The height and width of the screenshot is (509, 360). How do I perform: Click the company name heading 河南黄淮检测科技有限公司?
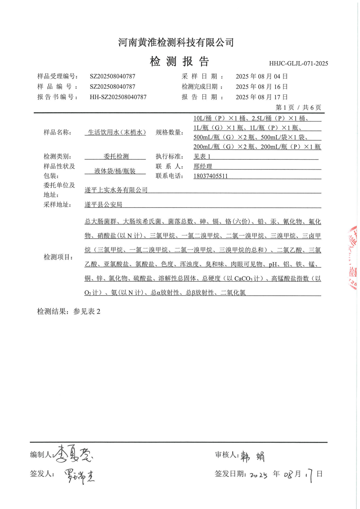point(176,42)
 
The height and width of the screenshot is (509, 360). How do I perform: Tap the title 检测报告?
point(179,61)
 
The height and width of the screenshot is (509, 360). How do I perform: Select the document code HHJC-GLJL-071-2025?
point(298,63)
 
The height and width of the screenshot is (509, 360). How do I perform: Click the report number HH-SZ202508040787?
point(118,97)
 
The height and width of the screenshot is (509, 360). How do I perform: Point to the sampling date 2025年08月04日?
point(261,76)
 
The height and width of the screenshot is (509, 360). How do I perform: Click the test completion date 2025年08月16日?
point(261,87)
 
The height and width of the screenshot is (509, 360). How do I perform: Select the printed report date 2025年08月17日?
point(261,97)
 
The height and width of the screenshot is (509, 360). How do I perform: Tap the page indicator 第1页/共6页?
point(298,108)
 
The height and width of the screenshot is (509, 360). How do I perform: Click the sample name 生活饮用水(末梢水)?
point(117,132)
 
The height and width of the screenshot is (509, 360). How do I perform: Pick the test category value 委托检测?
point(116,157)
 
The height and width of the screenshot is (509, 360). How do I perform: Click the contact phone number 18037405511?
point(211,176)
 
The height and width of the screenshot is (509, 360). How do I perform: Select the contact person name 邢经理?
point(203,166)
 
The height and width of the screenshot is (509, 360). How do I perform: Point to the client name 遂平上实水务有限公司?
point(116,190)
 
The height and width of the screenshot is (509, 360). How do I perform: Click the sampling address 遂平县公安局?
point(103,205)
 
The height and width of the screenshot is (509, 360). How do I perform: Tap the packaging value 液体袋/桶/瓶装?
point(115,171)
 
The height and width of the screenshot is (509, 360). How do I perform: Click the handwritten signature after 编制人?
point(73,454)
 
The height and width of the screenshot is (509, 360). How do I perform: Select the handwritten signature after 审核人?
point(252,457)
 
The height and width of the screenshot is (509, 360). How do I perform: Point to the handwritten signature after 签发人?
point(80,476)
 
